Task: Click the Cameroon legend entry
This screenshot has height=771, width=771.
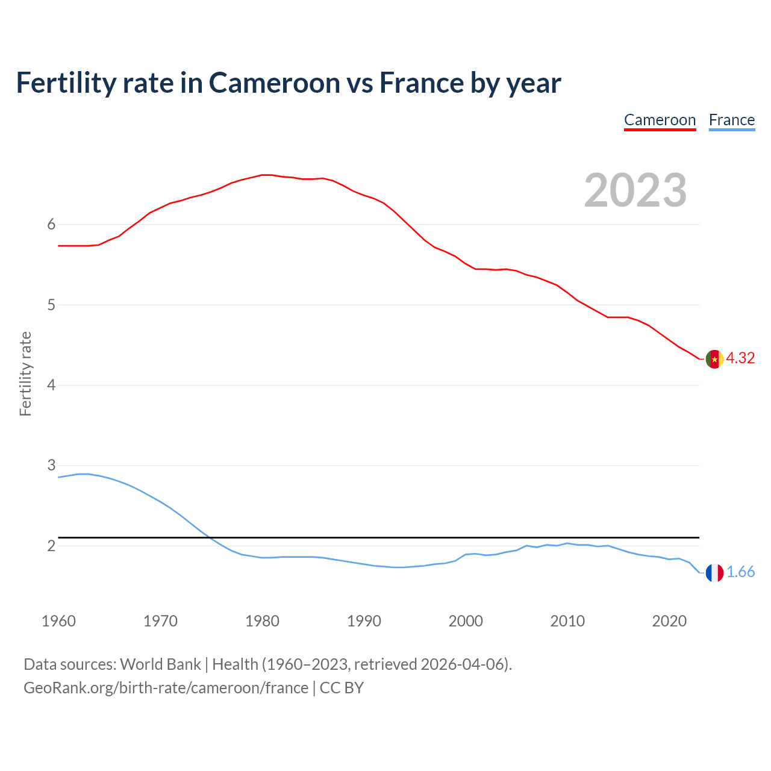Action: pyautogui.click(x=660, y=120)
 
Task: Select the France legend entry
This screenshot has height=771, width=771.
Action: pyautogui.click(x=731, y=120)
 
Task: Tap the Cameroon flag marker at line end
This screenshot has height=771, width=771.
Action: pyautogui.click(x=714, y=359)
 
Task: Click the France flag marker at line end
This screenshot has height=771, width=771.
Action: pyautogui.click(x=714, y=573)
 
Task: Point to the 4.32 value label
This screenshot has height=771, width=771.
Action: pyautogui.click(x=740, y=358)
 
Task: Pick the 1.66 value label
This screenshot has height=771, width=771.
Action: pyautogui.click(x=740, y=572)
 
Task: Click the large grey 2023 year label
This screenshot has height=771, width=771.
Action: pyautogui.click(x=635, y=190)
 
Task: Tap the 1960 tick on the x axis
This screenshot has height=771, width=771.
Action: pyautogui.click(x=58, y=621)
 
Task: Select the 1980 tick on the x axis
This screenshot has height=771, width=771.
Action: pyautogui.click(x=262, y=621)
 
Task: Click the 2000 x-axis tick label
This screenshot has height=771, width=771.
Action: pyautogui.click(x=466, y=621)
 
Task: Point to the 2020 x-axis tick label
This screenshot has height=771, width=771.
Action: pyautogui.click(x=669, y=621)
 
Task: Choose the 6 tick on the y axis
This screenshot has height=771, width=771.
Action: pyautogui.click(x=51, y=225)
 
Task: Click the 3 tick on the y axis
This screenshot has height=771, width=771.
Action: pyautogui.click(x=51, y=466)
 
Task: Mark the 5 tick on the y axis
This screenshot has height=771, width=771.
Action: pyautogui.click(x=51, y=305)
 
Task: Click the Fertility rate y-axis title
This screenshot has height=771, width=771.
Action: pyautogui.click(x=25, y=373)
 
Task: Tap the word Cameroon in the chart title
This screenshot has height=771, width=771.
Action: pyautogui.click(x=274, y=83)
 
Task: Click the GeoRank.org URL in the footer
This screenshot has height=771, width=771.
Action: pyautogui.click(x=166, y=688)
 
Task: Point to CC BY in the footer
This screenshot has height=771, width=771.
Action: pyautogui.click(x=342, y=688)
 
